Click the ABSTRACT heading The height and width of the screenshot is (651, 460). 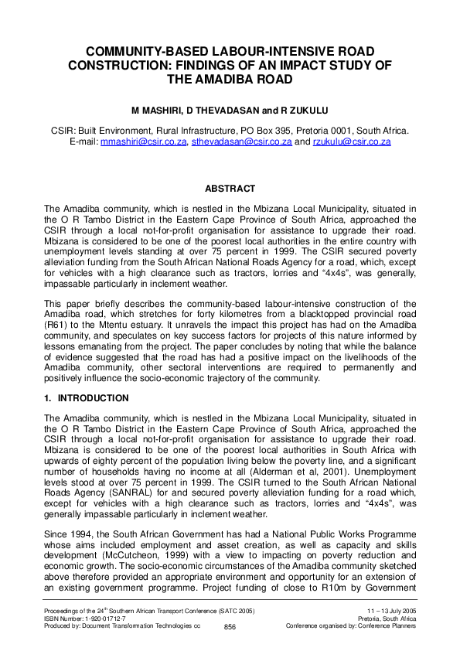(x=230, y=189)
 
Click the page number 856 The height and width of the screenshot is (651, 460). (x=230, y=627)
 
